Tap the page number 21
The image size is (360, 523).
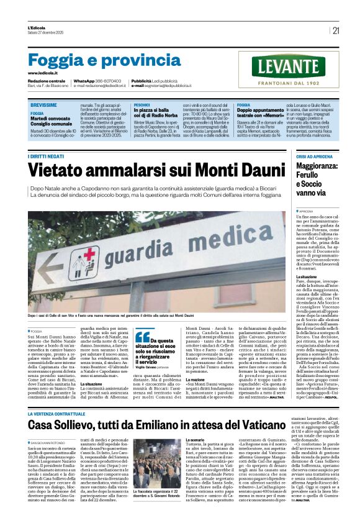(x=336, y=30)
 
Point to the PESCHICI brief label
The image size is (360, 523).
(x=142, y=105)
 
